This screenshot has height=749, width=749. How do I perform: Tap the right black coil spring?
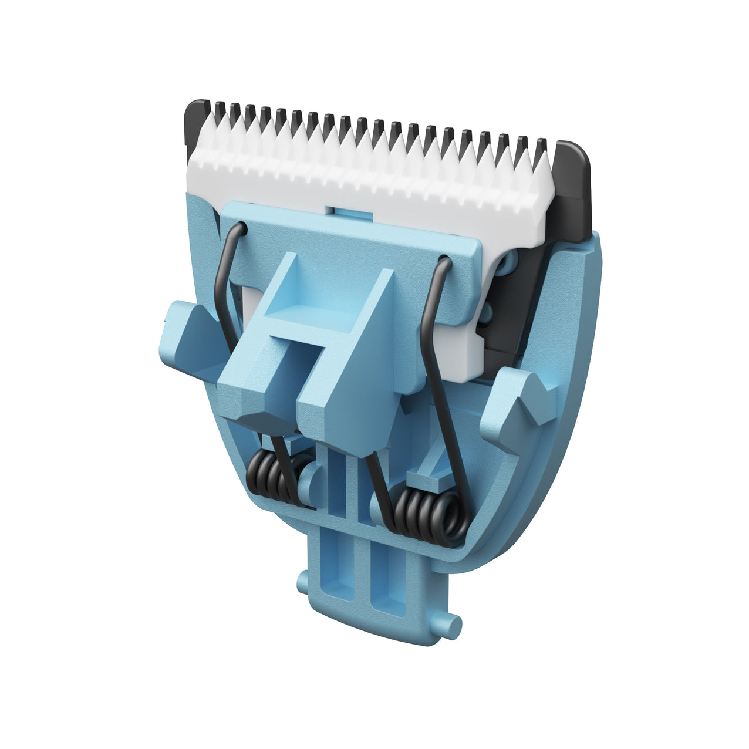pos(429,511)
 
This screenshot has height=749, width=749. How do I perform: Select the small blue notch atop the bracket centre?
pos(349,211)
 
